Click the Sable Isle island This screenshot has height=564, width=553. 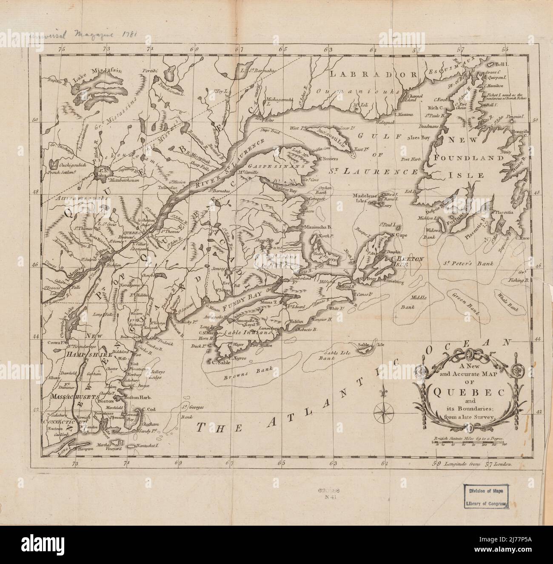(x=366, y=349)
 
